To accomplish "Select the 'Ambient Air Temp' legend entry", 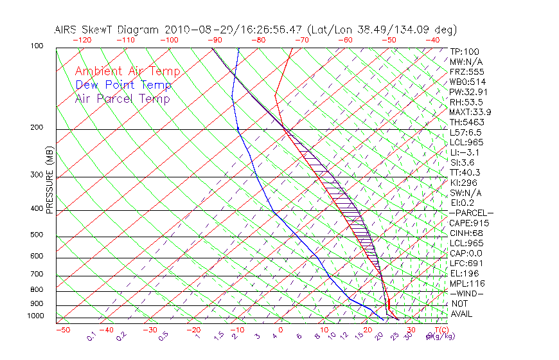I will coord(128,71).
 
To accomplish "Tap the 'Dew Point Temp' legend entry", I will coord(123,85).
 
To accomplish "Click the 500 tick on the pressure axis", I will coord(37,235).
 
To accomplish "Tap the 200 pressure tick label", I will coord(37,128).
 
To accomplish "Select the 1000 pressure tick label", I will coord(35,316).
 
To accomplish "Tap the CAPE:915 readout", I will coord(469,223).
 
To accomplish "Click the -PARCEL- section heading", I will coord(471,213).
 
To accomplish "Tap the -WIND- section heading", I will coord(466,293).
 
